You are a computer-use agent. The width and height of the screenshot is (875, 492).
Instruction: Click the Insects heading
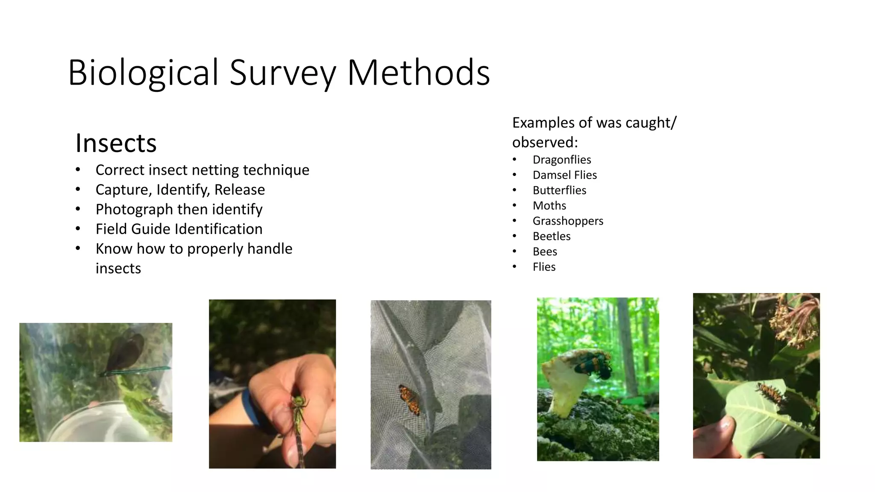click(x=116, y=143)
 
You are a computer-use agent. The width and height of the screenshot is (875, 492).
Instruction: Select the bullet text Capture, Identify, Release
click(x=180, y=190)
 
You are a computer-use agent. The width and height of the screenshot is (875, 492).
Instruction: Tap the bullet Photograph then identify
click(x=179, y=209)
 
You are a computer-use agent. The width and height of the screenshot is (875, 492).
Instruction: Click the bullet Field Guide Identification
click(x=179, y=229)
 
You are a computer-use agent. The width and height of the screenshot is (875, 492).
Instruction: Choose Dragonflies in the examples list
click(x=561, y=160)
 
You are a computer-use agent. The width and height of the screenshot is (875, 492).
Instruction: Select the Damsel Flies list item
click(x=564, y=175)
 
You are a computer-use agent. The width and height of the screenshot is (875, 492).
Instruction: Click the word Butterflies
click(x=559, y=190)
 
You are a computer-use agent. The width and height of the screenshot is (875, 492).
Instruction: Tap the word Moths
click(x=549, y=206)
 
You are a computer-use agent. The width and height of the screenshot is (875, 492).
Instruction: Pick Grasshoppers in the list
click(x=568, y=221)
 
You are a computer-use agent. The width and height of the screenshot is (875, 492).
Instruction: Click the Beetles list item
click(x=551, y=236)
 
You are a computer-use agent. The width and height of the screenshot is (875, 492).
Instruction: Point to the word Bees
click(x=545, y=252)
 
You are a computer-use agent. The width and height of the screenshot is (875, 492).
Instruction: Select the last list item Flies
click(x=544, y=267)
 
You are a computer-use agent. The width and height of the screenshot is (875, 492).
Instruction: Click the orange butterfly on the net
click(x=409, y=399)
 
